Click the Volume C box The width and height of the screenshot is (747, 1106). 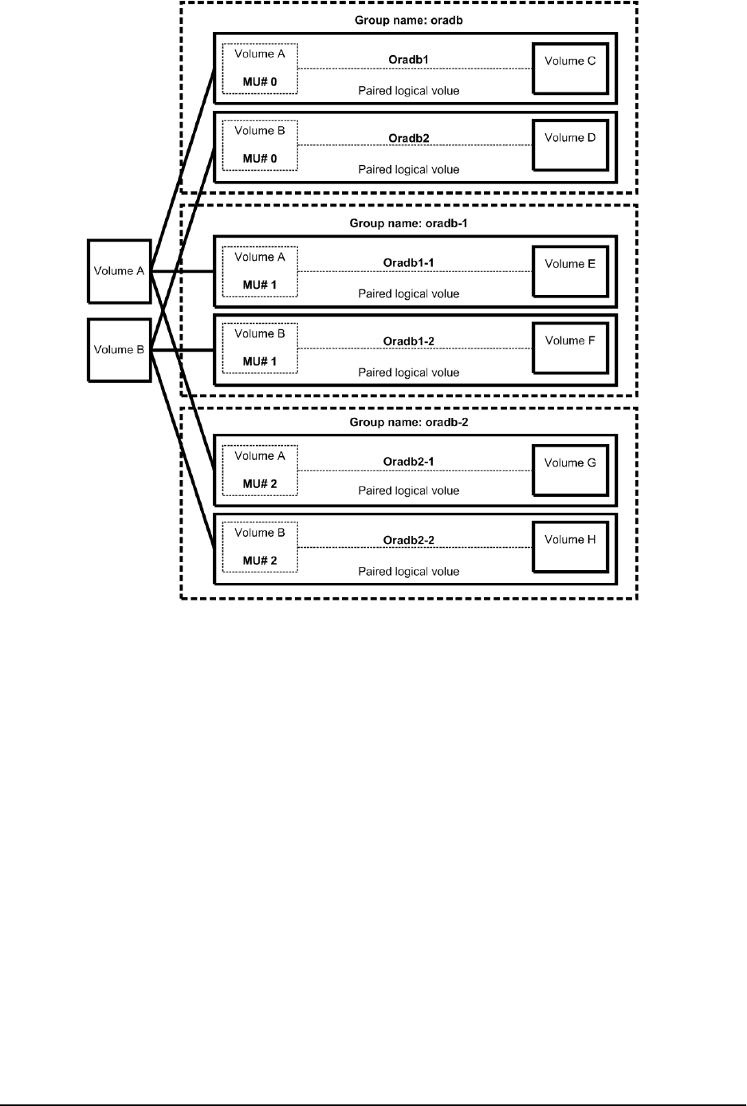coord(570,69)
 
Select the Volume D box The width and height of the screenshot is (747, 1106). coord(570,145)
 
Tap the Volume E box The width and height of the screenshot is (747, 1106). coord(570,271)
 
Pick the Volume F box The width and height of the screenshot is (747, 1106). coord(570,348)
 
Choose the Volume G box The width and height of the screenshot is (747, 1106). coord(570,470)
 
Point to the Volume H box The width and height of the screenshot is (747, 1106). coord(570,547)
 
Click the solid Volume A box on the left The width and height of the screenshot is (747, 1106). coord(119,271)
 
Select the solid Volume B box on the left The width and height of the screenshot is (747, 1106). coord(119,350)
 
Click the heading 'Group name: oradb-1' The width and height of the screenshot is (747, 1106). coord(408,223)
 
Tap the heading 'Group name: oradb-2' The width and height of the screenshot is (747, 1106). coord(408,422)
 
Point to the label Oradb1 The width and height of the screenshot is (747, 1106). coord(408,60)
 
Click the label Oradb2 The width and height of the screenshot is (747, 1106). coord(408,138)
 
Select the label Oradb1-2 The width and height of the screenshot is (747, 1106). coord(408,341)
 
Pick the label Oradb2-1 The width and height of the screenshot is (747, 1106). coord(408,462)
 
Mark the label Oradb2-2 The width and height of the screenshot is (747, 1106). coord(408,540)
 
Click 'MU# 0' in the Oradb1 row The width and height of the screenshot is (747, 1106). coord(260,81)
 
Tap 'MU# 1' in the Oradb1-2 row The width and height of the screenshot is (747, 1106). coord(260,361)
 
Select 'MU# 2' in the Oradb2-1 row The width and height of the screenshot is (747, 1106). coord(260,484)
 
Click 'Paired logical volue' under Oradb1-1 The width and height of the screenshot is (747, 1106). coord(408,293)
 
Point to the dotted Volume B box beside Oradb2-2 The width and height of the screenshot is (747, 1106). coord(260,547)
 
